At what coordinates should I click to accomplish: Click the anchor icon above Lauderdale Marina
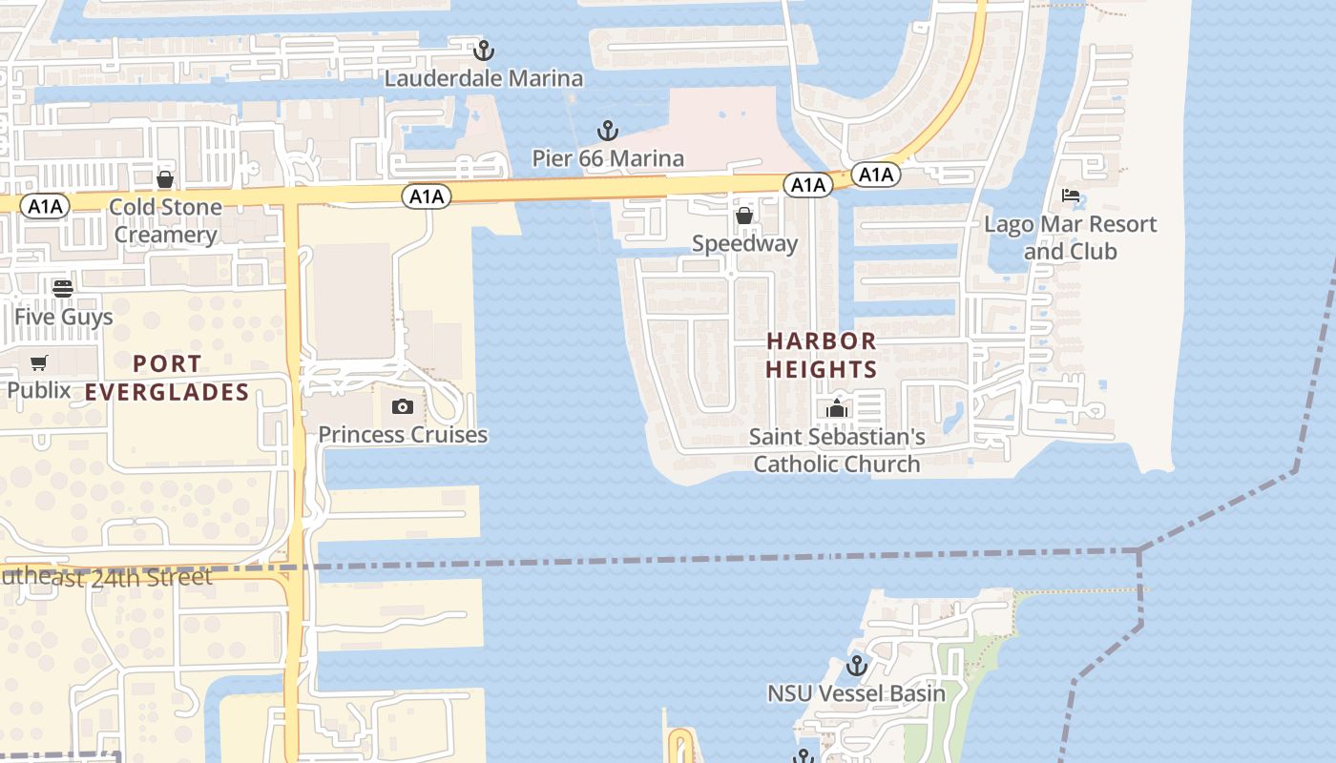pyautogui.click(x=484, y=50)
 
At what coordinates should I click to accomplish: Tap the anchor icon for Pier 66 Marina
pyautogui.click(x=607, y=131)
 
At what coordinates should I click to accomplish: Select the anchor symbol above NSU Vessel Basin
pyautogui.click(x=856, y=665)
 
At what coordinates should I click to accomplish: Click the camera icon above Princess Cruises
pyautogui.click(x=403, y=407)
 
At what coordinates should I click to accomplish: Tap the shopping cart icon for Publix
pyautogui.click(x=39, y=362)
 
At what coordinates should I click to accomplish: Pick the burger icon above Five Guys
pyautogui.click(x=63, y=288)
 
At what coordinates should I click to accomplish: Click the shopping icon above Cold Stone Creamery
pyautogui.click(x=165, y=179)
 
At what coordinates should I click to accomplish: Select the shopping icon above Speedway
pyautogui.click(x=744, y=217)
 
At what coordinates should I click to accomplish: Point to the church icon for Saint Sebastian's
pyautogui.click(x=837, y=409)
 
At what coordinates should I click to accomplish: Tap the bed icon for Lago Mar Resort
pyautogui.click(x=1071, y=196)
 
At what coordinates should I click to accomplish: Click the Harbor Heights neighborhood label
pyautogui.click(x=822, y=355)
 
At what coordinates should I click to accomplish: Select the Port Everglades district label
pyautogui.click(x=167, y=378)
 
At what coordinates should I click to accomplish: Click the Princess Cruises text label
pyautogui.click(x=403, y=435)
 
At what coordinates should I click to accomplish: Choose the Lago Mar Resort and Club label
pyautogui.click(x=1070, y=237)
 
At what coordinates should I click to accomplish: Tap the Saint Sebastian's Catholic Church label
pyautogui.click(x=837, y=450)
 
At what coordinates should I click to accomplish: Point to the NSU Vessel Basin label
pyautogui.click(x=856, y=693)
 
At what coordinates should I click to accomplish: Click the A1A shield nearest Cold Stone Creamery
pyautogui.click(x=45, y=206)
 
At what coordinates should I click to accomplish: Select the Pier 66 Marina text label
pyautogui.click(x=608, y=158)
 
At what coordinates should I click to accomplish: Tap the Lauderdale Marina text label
pyautogui.click(x=484, y=78)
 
